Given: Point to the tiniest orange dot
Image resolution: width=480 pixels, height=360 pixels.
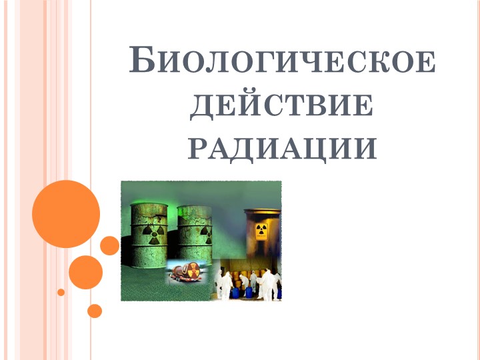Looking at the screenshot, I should pyautogui.click(x=61, y=292).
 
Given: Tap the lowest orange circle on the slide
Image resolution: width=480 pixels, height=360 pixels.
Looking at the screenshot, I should pyautogui.click(x=95, y=311).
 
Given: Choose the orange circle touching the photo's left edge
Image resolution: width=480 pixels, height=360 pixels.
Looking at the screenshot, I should pyautogui.click(x=110, y=245).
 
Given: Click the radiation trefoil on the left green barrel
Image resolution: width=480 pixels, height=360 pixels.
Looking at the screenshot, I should pyautogui.click(x=153, y=236).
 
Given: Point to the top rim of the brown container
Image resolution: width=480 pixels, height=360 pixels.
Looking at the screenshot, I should pyautogui.click(x=261, y=212).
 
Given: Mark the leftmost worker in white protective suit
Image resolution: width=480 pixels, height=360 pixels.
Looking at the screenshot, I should pyautogui.click(x=225, y=285).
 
